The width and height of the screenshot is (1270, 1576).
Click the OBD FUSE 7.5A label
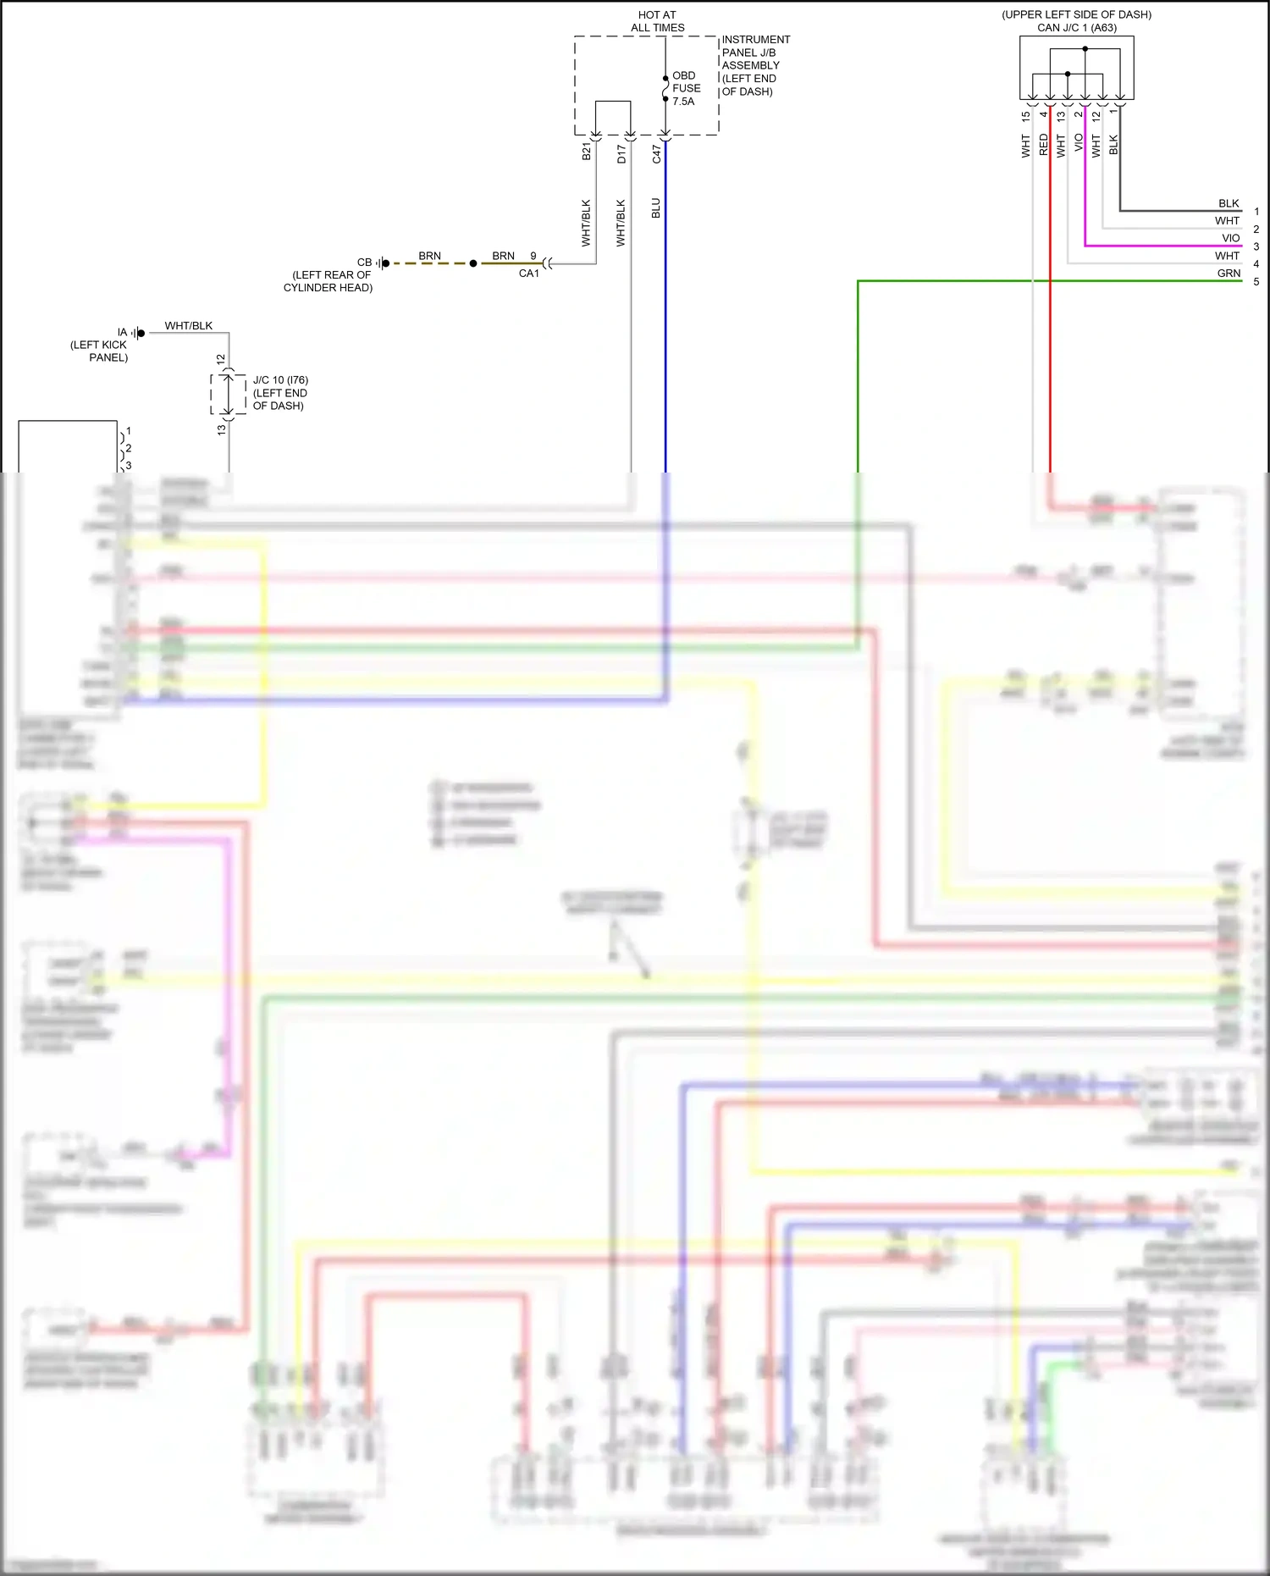tap(686, 88)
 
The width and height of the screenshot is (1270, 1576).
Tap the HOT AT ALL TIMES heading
tap(657, 21)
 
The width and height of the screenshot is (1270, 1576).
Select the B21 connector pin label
tap(587, 152)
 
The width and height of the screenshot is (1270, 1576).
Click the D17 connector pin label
tap(621, 153)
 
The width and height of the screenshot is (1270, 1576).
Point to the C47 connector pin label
tap(656, 153)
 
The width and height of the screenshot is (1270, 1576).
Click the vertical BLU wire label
tap(656, 208)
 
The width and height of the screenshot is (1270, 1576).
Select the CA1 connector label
tap(528, 274)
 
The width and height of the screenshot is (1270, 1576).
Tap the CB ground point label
tap(364, 263)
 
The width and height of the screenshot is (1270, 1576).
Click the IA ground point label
tap(122, 333)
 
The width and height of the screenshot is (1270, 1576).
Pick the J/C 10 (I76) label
tap(280, 380)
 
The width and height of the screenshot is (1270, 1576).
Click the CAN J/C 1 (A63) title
tap(1076, 28)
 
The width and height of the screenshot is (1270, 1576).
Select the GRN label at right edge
tap(1229, 274)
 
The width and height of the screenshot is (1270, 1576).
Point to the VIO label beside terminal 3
tap(1230, 239)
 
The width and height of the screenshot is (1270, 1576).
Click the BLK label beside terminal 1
tap(1229, 203)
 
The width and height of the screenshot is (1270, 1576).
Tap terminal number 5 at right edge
tap(1256, 282)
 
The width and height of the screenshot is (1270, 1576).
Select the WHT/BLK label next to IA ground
tap(189, 326)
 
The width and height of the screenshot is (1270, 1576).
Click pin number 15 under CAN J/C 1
tap(1025, 116)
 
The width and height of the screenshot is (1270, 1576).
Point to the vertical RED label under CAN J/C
tap(1043, 145)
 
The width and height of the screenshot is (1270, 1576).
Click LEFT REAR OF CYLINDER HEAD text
tap(329, 281)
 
